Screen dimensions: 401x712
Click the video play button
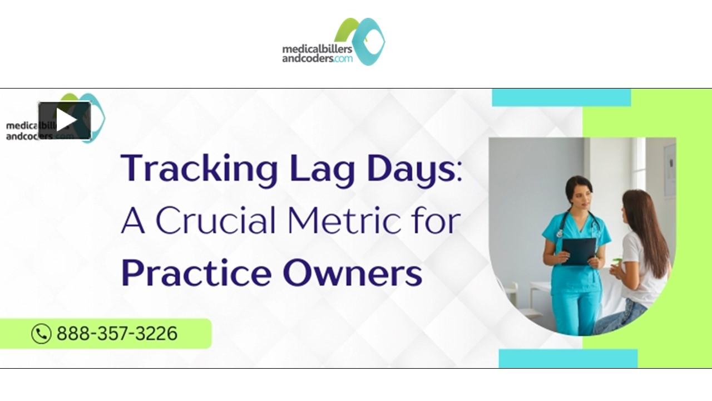point(65,120)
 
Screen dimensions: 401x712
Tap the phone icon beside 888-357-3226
point(41,334)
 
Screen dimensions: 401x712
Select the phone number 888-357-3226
point(117,334)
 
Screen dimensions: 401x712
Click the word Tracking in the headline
point(199,169)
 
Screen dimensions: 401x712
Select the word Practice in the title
point(196,273)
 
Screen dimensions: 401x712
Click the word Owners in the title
point(352,273)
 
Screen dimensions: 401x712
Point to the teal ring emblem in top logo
point(368,41)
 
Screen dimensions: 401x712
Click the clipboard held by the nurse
point(578,251)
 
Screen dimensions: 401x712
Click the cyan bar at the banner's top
point(561,97)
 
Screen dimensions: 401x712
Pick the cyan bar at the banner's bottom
point(567,358)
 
